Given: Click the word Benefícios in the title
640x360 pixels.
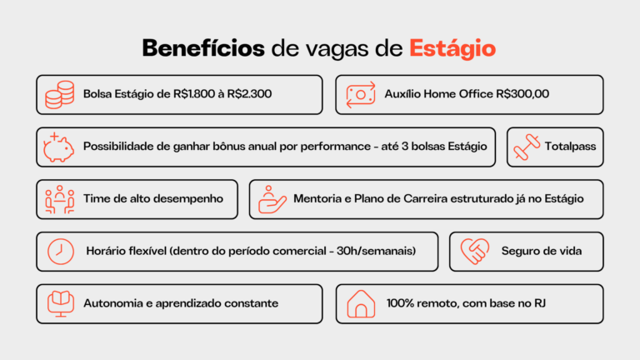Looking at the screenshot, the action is [203, 48].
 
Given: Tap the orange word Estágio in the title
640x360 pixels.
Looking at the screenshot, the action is [452, 49].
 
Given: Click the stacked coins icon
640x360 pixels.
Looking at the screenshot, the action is [60, 95].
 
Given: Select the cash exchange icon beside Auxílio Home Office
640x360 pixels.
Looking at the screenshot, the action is [361, 95].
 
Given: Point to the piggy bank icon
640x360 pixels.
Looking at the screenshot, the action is [59, 147].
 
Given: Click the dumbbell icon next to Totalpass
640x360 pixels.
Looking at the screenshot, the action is [527, 147].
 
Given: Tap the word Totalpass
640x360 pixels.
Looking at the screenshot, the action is [570, 147].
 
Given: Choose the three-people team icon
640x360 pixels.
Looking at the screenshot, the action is [60, 200].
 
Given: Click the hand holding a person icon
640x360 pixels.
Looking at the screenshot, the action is [272, 200].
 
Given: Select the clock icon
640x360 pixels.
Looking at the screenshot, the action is [60, 252].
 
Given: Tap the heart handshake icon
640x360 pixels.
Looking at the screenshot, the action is [475, 252].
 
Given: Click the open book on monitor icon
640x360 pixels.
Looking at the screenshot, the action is [60, 304].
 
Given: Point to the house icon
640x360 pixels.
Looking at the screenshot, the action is [361, 304].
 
